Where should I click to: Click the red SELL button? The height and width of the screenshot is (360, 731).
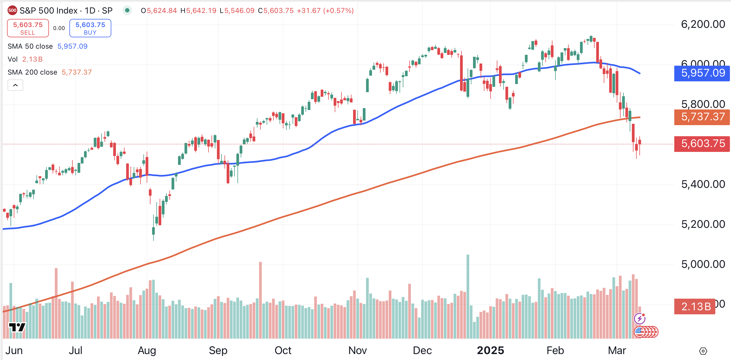[28, 28]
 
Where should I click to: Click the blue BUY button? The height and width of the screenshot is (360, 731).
[90, 28]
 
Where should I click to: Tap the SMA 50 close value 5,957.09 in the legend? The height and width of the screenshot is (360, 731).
[72, 46]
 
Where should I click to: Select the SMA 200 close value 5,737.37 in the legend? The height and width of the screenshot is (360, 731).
[77, 72]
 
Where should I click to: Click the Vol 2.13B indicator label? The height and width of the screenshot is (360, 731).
[25, 59]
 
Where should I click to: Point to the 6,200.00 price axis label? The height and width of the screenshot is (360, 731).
[703, 24]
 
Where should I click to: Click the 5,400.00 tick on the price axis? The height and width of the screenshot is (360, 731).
[703, 184]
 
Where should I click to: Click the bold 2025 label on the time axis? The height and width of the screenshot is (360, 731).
[490, 350]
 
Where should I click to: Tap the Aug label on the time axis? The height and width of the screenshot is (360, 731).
[147, 350]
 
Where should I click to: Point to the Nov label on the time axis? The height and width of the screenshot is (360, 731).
[357, 350]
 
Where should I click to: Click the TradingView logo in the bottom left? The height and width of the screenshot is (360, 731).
[17, 327]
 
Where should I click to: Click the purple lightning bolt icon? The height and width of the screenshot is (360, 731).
[640, 319]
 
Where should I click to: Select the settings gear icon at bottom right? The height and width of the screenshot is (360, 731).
[703, 351]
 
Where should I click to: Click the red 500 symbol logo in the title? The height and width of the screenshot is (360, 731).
[12, 11]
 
